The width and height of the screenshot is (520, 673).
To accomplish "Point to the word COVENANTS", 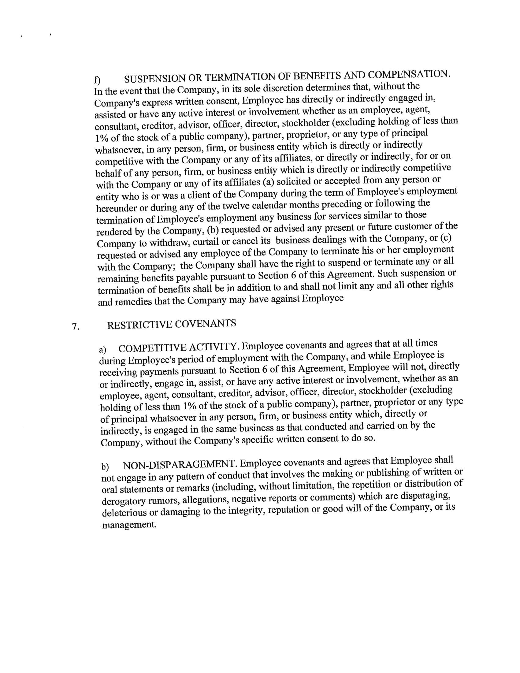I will [x=206, y=324].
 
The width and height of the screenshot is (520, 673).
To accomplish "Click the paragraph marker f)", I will [x=97, y=80].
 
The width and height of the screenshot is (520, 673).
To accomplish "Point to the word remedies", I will [x=133, y=302].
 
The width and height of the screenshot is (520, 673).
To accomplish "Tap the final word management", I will [x=129, y=525].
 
